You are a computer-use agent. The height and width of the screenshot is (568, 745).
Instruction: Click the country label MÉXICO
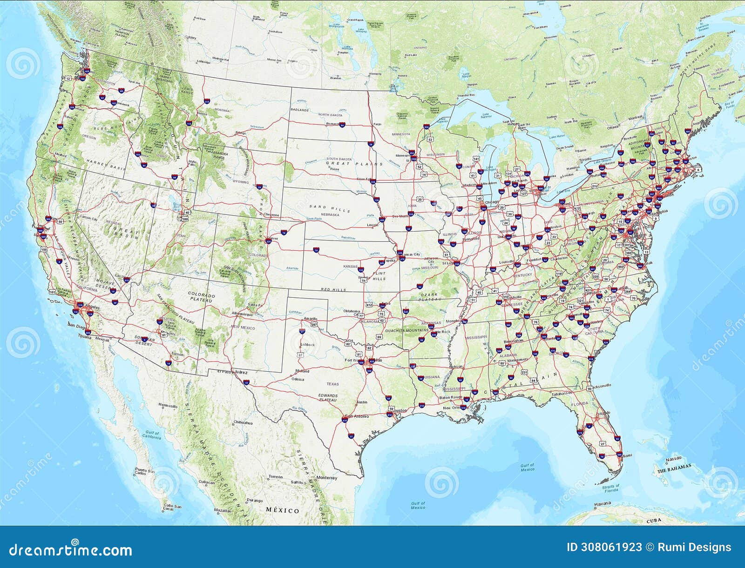click(283, 510)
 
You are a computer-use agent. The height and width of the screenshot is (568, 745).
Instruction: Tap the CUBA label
click(654, 521)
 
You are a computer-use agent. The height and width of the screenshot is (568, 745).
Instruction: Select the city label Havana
click(603, 504)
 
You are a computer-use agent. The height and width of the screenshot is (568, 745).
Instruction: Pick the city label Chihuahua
click(244, 422)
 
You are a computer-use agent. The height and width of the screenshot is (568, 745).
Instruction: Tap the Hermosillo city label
click(169, 406)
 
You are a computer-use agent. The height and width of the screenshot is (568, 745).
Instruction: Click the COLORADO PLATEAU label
click(202, 297)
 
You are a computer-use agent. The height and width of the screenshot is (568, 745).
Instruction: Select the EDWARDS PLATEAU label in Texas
click(328, 397)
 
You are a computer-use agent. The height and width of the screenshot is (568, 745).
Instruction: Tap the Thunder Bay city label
click(466, 95)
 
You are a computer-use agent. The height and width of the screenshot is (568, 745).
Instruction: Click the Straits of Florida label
click(611, 488)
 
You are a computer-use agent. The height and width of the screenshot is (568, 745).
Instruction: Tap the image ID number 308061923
click(604, 548)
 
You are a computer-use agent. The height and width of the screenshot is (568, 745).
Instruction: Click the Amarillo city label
click(310, 319)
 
